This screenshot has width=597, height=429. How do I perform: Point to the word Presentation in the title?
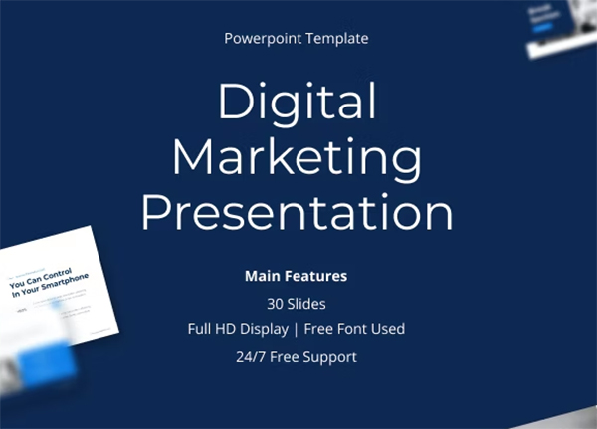click(x=297, y=213)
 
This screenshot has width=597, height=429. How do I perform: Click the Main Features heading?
click(x=296, y=274)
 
